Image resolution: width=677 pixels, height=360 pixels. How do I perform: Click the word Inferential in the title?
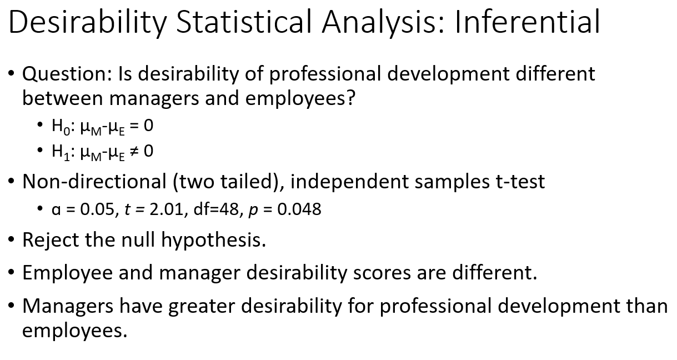(x=526, y=22)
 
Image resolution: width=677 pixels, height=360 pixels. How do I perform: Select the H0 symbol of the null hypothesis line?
(x=58, y=127)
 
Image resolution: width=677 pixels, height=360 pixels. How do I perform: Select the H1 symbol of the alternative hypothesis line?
(x=58, y=152)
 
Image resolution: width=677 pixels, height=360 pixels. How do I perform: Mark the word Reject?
(x=51, y=240)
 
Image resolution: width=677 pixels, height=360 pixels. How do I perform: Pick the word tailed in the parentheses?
(x=252, y=182)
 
